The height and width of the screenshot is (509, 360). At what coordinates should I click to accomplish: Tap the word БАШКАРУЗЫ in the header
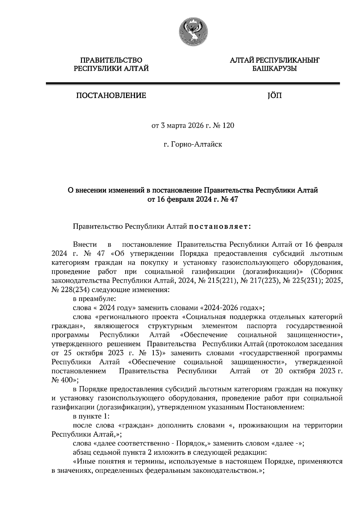tap(274, 69)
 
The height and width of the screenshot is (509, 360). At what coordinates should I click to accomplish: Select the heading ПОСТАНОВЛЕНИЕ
tap(111, 96)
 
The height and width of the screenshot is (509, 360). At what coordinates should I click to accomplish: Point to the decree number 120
tap(228, 126)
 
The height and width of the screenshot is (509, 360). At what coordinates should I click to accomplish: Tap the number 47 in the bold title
tap(232, 199)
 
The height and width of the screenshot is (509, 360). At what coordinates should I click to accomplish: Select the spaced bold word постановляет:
tap(220, 227)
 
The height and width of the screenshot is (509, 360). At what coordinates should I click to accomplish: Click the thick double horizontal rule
tap(193, 85)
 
